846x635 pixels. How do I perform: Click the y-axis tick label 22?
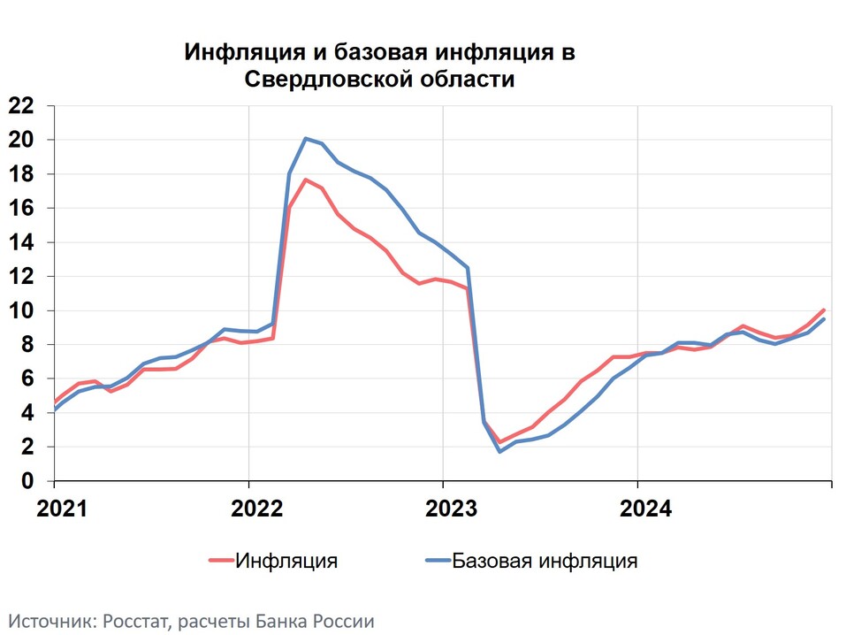point(21,106)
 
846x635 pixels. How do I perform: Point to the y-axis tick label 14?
point(21,242)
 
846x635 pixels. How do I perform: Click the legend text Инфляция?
point(286,560)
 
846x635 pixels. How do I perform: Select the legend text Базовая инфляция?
point(545,560)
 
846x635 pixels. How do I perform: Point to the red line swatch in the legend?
point(221,560)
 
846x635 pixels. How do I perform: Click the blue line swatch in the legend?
point(438,560)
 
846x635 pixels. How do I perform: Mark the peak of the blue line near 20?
point(305,138)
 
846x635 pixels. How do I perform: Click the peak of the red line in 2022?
point(305,180)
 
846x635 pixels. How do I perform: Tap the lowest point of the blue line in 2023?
point(499,451)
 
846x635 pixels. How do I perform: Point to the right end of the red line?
point(824,310)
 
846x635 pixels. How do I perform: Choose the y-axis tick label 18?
point(21,174)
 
